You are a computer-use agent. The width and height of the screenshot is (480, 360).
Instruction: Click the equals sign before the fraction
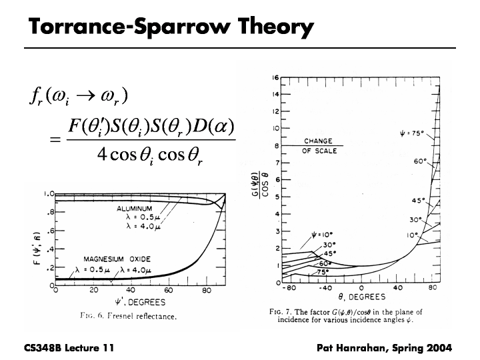point(55,141)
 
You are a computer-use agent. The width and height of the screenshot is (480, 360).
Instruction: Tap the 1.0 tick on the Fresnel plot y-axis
point(49,194)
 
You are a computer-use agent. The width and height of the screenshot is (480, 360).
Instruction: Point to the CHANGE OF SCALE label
point(318,146)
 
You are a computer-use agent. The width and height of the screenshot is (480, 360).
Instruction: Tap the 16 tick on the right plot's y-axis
point(275,77)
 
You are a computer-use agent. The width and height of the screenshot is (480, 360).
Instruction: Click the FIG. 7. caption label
point(281,311)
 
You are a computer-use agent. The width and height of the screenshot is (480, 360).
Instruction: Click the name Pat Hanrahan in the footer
point(352,347)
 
